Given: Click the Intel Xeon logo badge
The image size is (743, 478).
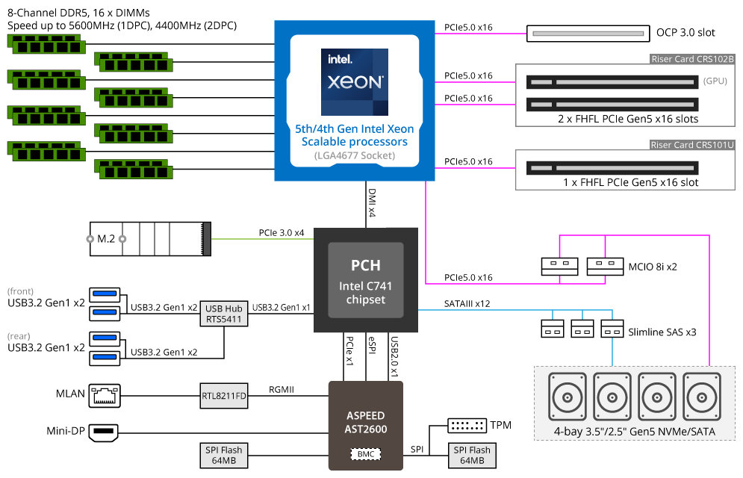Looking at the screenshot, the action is click(x=355, y=82).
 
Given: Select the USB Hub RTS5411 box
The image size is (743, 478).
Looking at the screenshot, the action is click(x=224, y=314).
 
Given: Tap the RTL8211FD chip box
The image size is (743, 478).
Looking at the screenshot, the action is click(x=224, y=396).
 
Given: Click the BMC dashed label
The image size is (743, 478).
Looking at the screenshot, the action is click(x=366, y=454).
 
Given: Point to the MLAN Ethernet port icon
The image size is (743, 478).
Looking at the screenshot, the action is click(x=105, y=396).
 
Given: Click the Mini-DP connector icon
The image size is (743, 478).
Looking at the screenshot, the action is click(x=104, y=432).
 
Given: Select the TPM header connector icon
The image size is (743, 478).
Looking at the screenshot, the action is click(x=467, y=426).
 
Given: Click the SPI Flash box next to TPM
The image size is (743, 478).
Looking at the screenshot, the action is click(x=472, y=456).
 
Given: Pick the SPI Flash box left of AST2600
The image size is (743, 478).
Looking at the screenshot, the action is click(x=224, y=456).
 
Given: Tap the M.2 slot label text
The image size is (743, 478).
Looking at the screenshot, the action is click(x=106, y=239).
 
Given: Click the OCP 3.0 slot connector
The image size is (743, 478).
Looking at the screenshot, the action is click(x=588, y=34).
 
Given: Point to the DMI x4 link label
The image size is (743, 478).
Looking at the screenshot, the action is click(x=372, y=202).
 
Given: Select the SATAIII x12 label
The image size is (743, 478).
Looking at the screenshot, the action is click(x=467, y=304).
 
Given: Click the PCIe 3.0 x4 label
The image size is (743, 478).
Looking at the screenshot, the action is click(x=282, y=232).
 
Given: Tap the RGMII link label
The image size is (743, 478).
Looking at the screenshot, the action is click(x=282, y=389).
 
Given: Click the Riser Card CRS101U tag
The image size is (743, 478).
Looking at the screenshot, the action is click(x=692, y=145).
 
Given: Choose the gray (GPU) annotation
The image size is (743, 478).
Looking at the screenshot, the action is click(x=715, y=81).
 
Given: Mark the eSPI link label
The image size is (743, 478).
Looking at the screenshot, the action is click(x=372, y=345).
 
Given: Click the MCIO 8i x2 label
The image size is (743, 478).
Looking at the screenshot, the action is click(x=653, y=267).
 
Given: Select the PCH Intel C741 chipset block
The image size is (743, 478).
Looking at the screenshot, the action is click(x=366, y=280).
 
